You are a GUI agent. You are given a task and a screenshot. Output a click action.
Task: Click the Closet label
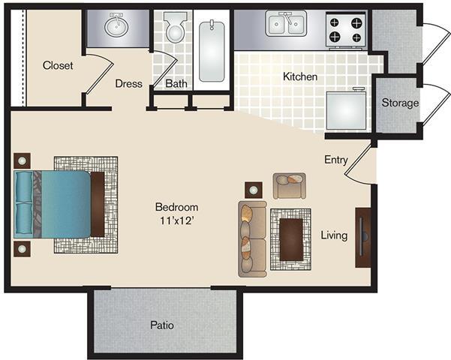58,66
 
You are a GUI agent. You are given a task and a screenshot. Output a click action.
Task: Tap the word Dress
128,84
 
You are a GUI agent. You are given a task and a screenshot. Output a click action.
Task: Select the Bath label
176,84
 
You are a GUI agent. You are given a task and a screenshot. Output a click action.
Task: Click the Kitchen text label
300,76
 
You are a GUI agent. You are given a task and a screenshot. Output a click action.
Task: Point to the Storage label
399,103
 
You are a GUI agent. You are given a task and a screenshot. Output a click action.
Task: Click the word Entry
335,160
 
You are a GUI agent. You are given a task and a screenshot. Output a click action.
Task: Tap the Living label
334,235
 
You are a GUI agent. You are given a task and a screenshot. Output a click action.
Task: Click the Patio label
161,325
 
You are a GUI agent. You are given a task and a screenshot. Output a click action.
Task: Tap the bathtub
213,50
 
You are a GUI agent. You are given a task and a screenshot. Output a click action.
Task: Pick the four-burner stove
345,28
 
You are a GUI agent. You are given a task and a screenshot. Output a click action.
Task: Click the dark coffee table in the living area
290,239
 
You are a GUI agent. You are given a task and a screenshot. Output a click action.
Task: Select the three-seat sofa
252,238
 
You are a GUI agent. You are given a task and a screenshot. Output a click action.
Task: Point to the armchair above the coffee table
289,184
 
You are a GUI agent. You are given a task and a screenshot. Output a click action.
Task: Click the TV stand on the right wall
362,237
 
